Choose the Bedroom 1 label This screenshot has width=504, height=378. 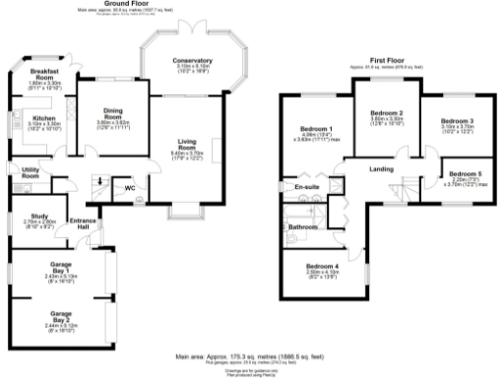(x=317, y=131)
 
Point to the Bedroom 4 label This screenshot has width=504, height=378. (x=322, y=267)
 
